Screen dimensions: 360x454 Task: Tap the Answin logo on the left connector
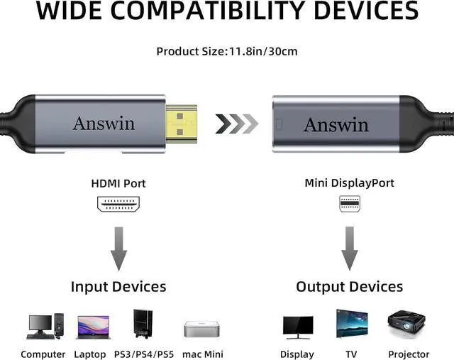click(104, 123)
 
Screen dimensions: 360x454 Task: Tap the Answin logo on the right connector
click(336, 125)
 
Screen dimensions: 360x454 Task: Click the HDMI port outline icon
click(118, 204)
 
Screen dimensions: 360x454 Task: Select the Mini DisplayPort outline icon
click(349, 204)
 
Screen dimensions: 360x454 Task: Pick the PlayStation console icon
click(142, 324)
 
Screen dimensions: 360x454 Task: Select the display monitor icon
click(297, 327)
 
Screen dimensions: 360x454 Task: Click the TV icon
click(352, 323)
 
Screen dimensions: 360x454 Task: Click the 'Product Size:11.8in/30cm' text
click(226, 51)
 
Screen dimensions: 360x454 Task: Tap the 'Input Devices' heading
click(118, 287)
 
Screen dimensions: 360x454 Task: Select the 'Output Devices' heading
click(349, 287)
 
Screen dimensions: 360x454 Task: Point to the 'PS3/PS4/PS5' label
click(144, 354)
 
